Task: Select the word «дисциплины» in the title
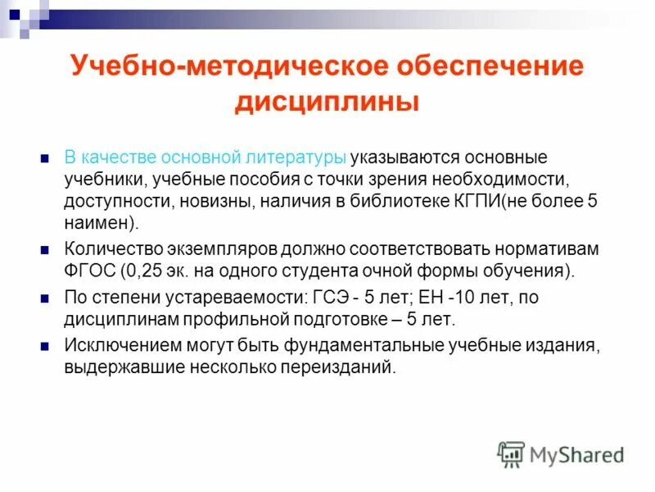point(327,103)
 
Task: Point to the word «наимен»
point(98,222)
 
